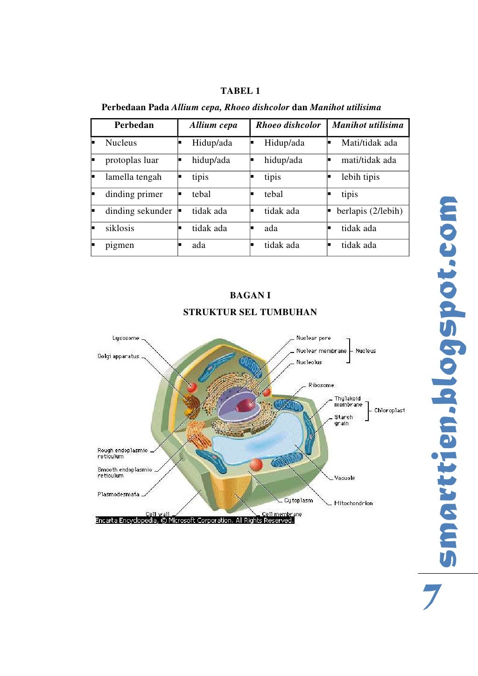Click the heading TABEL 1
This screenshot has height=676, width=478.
(x=240, y=91)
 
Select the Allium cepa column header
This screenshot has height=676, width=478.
(x=213, y=125)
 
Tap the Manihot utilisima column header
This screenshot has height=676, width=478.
(x=367, y=125)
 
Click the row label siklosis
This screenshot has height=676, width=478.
(x=119, y=228)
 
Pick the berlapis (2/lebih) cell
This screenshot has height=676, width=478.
(x=369, y=211)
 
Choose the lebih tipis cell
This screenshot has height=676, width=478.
(x=360, y=177)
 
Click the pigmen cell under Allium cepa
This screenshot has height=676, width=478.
(x=198, y=245)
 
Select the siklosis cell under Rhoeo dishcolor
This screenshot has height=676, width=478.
(x=271, y=228)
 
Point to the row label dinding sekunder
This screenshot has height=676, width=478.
(x=138, y=211)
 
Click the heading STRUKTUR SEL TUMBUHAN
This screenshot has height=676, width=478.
(x=250, y=312)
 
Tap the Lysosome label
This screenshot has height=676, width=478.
(x=126, y=338)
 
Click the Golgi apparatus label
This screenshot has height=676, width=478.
(x=118, y=356)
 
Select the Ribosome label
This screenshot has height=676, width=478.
(x=321, y=385)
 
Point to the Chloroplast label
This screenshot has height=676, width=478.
(x=389, y=410)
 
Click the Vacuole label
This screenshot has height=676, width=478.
(x=344, y=478)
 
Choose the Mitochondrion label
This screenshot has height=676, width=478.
(x=353, y=503)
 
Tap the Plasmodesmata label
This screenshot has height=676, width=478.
(x=118, y=494)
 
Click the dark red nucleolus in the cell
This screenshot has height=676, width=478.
(x=245, y=405)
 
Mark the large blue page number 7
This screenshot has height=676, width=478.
(x=432, y=596)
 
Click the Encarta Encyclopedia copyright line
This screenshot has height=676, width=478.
(x=195, y=520)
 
